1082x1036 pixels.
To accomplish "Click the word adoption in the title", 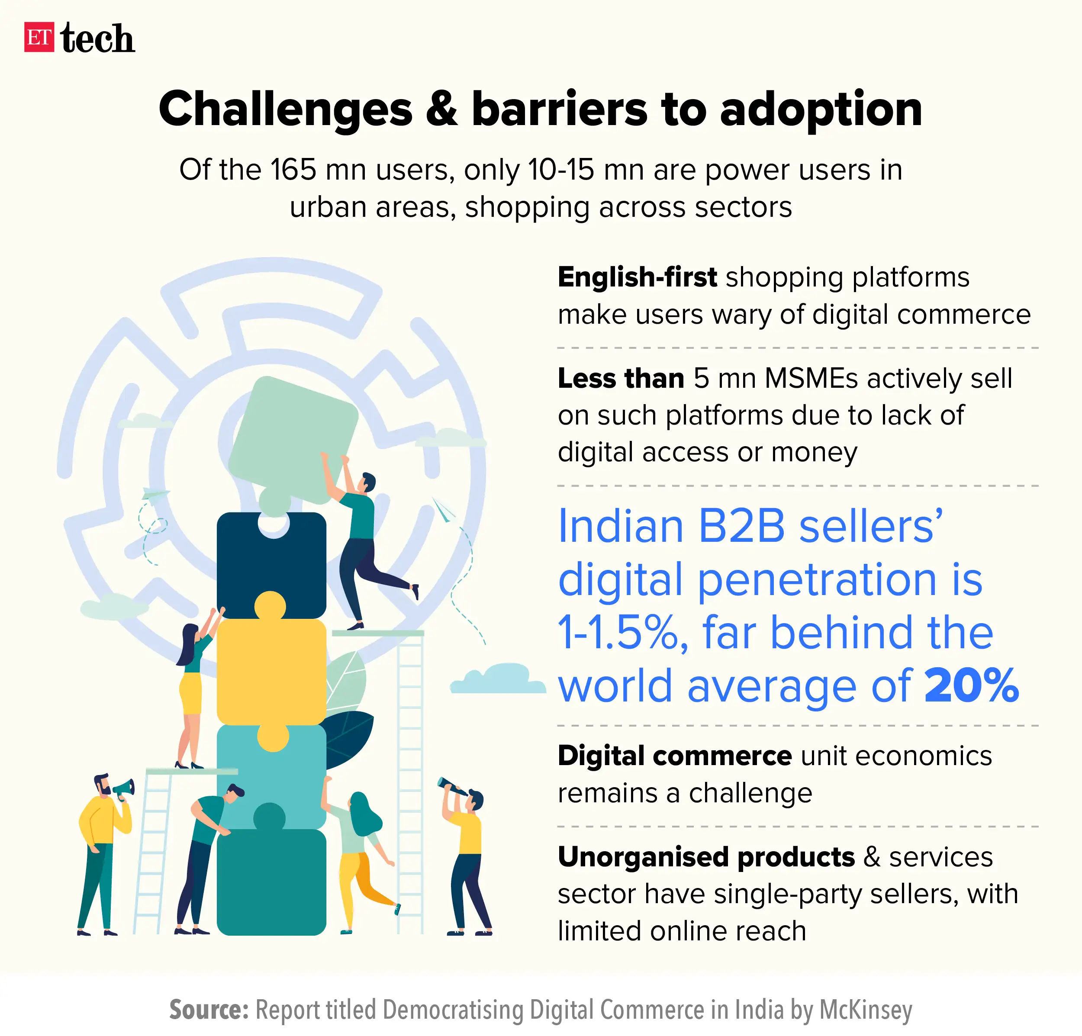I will click(821, 109).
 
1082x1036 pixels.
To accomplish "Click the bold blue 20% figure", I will click(971, 685).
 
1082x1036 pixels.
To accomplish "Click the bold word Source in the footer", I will click(209, 1010).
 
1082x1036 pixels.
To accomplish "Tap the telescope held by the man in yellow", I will click(451, 787).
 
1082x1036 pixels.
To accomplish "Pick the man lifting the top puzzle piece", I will click(359, 547).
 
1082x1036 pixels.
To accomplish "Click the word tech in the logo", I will click(98, 39).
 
